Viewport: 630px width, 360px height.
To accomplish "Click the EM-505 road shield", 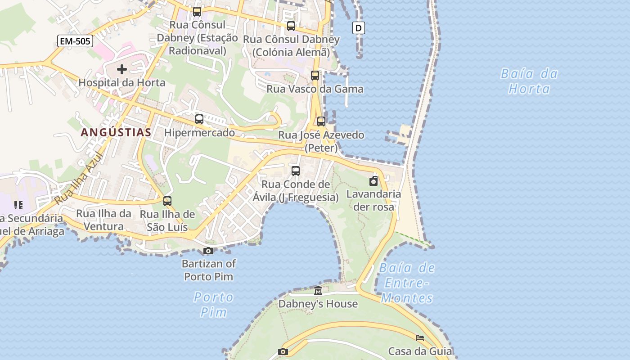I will tap(76, 41).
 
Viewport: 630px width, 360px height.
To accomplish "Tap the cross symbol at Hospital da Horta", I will tap(121, 69).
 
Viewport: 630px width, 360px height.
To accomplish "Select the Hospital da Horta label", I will tap(122, 83).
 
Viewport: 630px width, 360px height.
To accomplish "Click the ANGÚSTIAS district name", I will tap(116, 132).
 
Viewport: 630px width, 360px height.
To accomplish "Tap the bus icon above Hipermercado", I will tap(199, 119).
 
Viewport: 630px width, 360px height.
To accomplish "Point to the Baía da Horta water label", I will tap(529, 81).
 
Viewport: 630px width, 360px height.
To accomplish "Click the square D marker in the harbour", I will tap(358, 28).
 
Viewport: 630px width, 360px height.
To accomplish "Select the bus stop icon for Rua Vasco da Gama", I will tap(315, 76).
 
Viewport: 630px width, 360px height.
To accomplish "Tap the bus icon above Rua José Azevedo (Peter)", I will tap(321, 121).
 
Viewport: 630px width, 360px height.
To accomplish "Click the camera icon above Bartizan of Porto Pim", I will tap(208, 251).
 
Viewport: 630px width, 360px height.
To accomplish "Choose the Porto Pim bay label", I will tap(214, 304).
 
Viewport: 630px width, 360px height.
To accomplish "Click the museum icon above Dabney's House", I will tap(318, 291).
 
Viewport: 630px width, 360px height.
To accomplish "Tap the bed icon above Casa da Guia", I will tap(420, 338).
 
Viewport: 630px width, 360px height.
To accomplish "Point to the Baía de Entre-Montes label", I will tap(407, 283).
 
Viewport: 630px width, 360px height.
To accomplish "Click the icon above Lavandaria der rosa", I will tap(373, 181).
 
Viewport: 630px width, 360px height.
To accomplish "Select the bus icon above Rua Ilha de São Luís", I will tap(167, 201).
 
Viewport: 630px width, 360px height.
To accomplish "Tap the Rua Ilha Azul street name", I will tap(79, 179).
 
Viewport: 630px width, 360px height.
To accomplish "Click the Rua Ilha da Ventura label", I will tap(104, 220).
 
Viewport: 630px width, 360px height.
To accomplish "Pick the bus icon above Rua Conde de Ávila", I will tap(296, 171).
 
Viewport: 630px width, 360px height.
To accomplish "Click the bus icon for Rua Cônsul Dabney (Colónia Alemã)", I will tap(291, 26).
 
